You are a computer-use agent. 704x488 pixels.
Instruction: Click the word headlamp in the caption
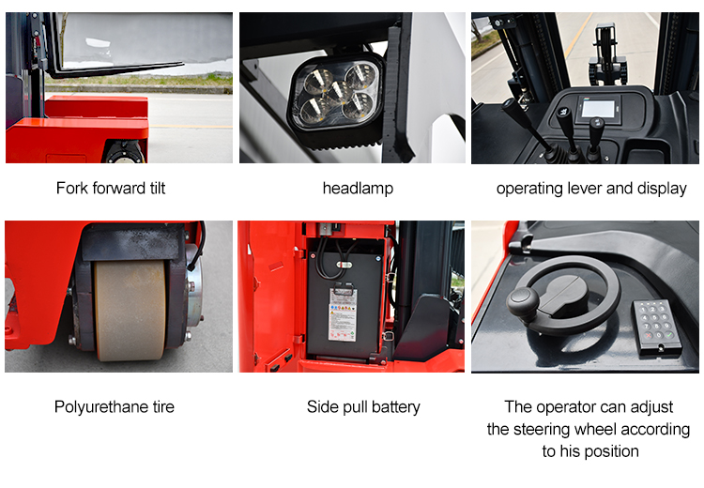click(x=358, y=188)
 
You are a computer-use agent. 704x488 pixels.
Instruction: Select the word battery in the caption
click(x=396, y=407)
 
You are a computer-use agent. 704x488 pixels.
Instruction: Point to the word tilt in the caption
click(x=157, y=188)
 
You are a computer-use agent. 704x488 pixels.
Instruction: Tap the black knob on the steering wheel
click(x=523, y=303)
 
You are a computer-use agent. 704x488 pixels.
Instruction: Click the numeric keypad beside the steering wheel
click(x=657, y=327)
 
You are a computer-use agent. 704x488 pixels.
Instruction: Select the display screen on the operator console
click(x=598, y=109)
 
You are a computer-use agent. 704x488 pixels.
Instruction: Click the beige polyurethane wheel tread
click(x=130, y=311)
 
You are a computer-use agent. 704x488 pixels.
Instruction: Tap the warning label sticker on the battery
click(x=343, y=314)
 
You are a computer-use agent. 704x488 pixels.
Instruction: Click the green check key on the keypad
click(x=669, y=335)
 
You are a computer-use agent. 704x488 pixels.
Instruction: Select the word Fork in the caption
click(x=72, y=188)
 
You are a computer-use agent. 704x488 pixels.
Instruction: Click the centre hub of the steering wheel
click(x=565, y=297)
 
